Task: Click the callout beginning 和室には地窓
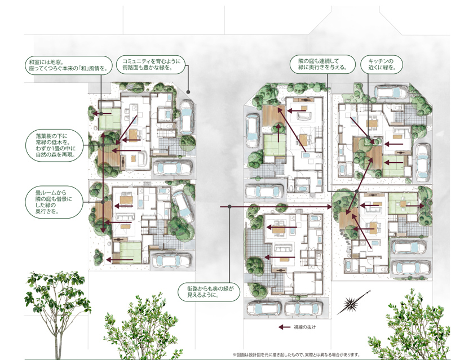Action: (x=68, y=65)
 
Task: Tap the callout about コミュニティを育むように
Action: (x=151, y=64)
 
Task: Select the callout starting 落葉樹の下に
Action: (x=55, y=145)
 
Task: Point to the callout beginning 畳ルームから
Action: (x=54, y=202)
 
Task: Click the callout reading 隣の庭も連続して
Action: (x=322, y=64)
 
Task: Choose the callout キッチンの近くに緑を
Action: (x=381, y=64)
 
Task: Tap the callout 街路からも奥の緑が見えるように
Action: (x=209, y=292)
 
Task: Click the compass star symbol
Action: (x=351, y=303)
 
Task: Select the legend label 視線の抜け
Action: (x=304, y=327)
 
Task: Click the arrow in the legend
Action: (x=285, y=327)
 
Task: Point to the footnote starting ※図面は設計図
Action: (x=297, y=354)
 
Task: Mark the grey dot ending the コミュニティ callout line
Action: (x=188, y=92)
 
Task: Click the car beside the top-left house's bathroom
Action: (x=186, y=117)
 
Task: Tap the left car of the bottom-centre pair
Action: (x=264, y=309)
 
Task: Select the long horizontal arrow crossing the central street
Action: (x=276, y=206)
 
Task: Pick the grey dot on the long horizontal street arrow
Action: (x=229, y=206)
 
